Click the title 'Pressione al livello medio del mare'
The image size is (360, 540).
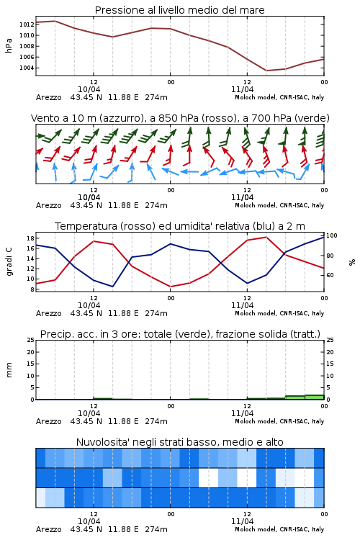click(x=179, y=10)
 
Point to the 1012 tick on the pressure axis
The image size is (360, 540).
click(x=27, y=24)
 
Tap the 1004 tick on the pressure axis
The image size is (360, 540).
click(x=27, y=68)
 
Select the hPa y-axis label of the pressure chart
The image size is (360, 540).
click(x=9, y=46)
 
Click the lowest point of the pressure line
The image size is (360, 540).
click(x=266, y=71)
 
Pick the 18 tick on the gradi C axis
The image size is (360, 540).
click(x=30, y=238)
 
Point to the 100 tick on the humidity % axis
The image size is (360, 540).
click(x=331, y=235)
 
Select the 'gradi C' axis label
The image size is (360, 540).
click(x=9, y=262)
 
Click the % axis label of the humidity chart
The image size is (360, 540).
click(x=352, y=262)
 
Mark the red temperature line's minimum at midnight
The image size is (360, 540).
click(x=170, y=287)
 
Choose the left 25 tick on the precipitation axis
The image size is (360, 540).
click(x=30, y=340)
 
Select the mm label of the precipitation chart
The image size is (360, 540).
click(x=9, y=370)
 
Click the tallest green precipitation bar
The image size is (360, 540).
click(x=315, y=397)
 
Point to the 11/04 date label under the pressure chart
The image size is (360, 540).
click(x=242, y=89)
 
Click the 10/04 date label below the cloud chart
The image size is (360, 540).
click(x=89, y=521)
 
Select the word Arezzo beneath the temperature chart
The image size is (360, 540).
click(x=48, y=313)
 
